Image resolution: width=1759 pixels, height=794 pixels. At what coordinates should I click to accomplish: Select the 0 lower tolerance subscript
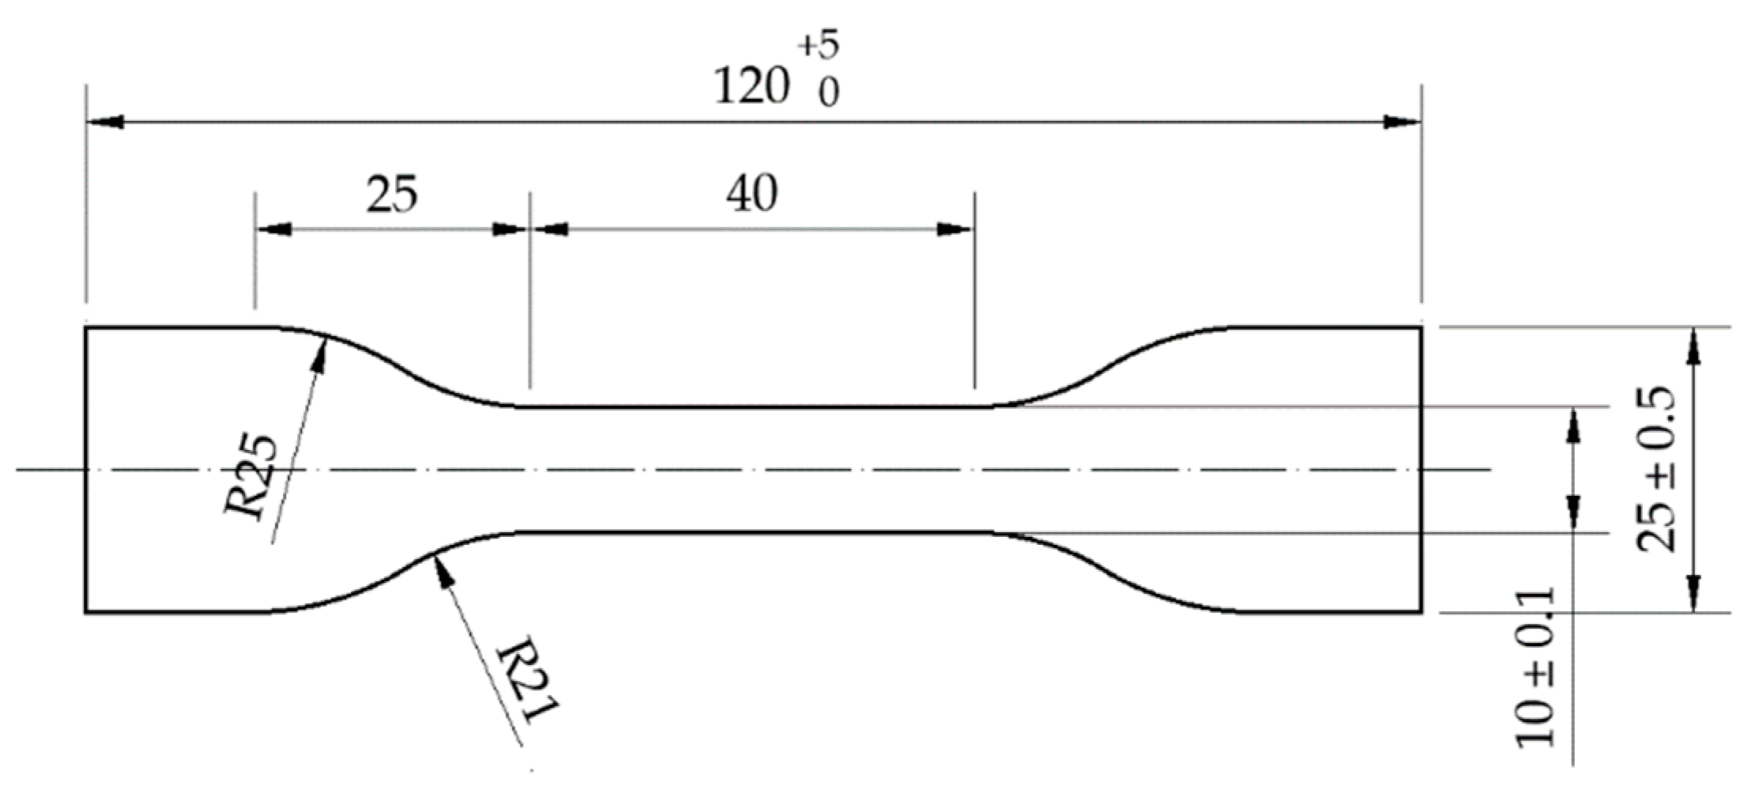click(827, 95)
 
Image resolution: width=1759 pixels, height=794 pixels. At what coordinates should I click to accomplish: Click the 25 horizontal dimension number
click(391, 195)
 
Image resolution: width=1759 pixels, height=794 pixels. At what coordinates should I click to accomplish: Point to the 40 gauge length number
click(751, 195)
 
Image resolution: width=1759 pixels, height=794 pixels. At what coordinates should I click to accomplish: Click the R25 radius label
click(253, 477)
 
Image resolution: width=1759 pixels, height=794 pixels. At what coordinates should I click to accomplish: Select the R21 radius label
click(528, 679)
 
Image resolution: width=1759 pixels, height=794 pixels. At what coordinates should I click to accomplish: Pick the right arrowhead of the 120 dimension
click(1403, 123)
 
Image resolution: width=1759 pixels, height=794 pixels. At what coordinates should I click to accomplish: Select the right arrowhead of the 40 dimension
click(956, 230)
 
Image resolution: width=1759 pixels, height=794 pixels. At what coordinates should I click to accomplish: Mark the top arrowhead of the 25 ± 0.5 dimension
click(1693, 345)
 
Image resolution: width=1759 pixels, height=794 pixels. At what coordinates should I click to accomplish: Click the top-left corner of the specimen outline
click(86, 327)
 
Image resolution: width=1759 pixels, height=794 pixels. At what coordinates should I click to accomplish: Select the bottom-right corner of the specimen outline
click(1422, 612)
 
